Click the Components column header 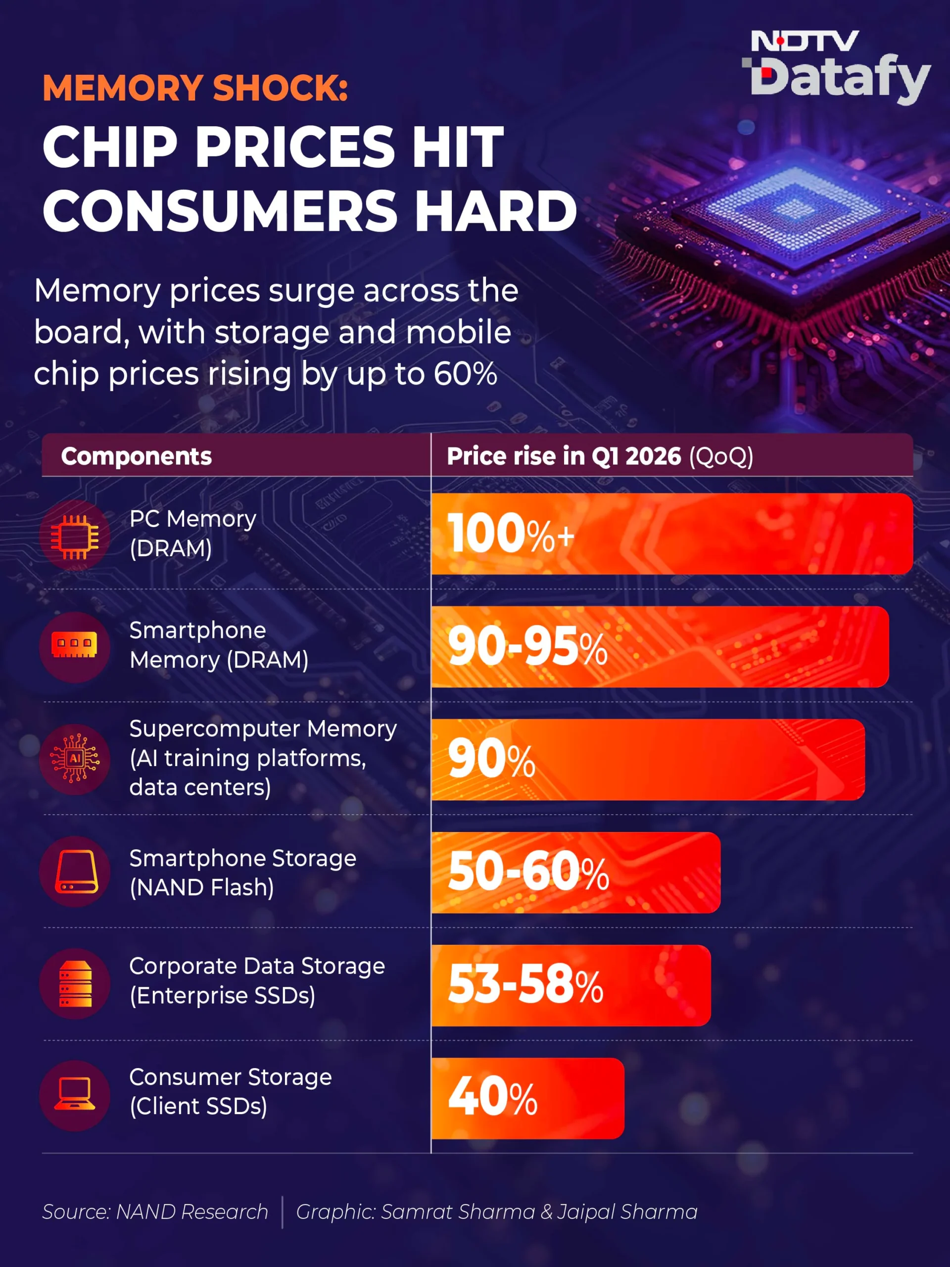tap(136, 456)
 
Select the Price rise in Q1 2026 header tap(600, 456)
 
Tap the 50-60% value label tap(528, 872)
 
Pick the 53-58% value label tap(525, 984)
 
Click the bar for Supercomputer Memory tap(648, 760)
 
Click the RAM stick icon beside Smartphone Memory tap(74, 645)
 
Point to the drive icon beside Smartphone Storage tap(76, 871)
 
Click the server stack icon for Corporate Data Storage tap(76, 983)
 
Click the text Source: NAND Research tap(155, 1212)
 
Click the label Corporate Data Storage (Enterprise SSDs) tap(257, 980)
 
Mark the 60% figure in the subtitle tap(465, 374)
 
